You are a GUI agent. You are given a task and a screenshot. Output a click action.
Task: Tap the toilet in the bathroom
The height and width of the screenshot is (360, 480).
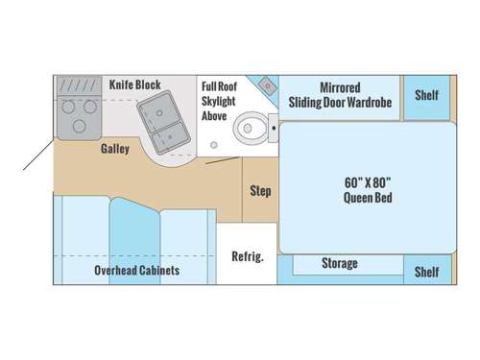point(252,123)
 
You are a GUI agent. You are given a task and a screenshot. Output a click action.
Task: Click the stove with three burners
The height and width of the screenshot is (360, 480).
point(75,110)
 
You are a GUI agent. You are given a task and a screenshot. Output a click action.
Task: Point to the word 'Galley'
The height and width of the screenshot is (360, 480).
point(115,151)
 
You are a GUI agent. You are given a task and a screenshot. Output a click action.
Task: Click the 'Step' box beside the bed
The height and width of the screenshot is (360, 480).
point(260,191)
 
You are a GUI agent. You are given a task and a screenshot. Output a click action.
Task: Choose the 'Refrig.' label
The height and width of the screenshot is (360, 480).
point(247,256)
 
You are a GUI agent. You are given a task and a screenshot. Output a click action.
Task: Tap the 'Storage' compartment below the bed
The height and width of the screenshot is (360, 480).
point(340,263)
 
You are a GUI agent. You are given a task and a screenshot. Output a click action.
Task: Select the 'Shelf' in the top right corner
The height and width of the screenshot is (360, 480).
point(426,94)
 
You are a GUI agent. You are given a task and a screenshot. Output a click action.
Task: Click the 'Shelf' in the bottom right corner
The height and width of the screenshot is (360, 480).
point(426,272)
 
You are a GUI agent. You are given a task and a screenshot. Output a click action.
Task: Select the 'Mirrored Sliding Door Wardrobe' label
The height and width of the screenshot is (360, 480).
point(339,94)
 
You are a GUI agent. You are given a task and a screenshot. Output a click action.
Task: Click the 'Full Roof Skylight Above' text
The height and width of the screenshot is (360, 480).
point(215,101)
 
